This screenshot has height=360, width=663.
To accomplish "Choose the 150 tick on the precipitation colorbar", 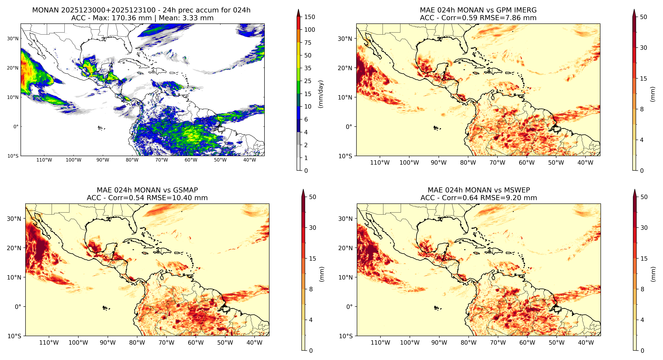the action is click(310, 17).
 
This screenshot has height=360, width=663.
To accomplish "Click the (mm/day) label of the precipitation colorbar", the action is click(321, 94).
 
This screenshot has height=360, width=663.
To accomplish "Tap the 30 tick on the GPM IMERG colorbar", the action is click(643, 48).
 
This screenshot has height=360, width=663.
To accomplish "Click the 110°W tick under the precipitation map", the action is click(44, 160).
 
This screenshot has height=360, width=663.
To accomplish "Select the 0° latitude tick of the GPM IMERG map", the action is click(349, 127).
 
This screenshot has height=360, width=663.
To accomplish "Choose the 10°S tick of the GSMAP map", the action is click(14, 336).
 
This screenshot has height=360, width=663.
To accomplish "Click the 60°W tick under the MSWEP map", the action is click(527, 343).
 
